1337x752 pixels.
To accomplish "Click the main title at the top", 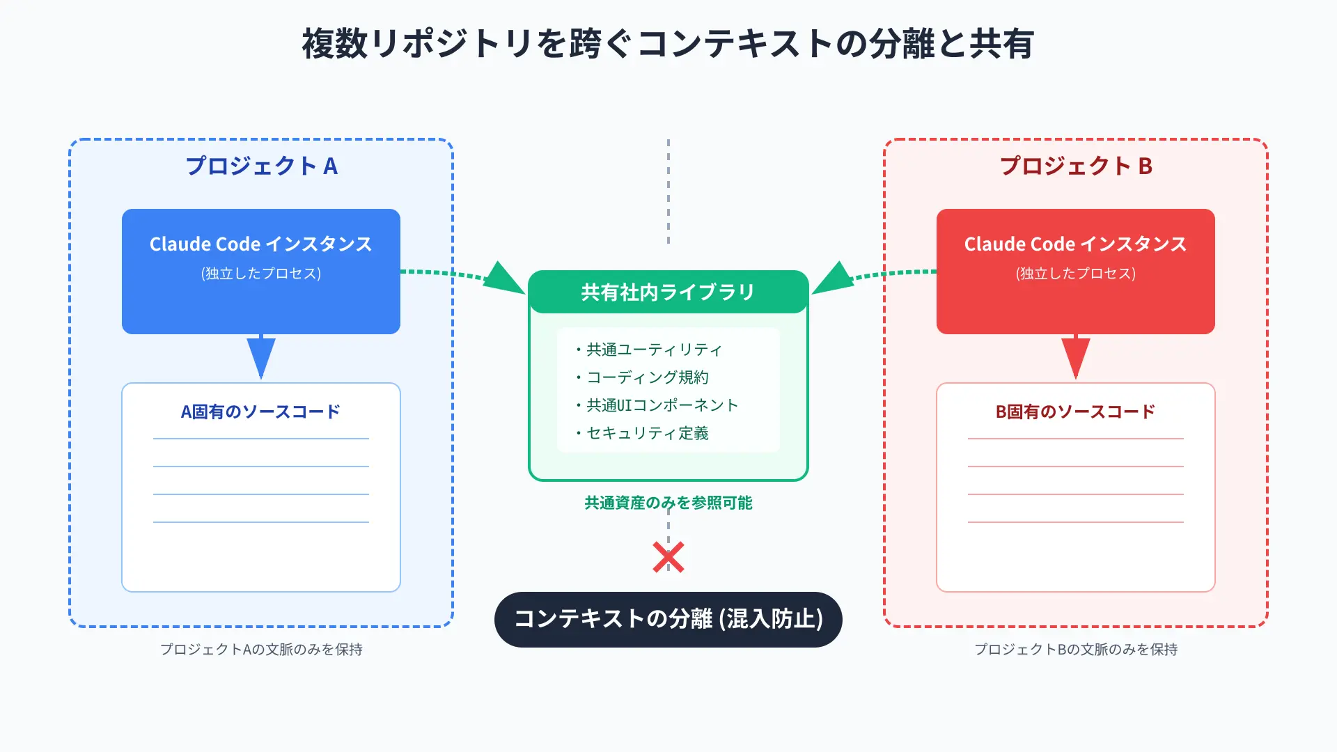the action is click(x=668, y=44).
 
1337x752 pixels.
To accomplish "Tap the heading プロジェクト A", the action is click(x=261, y=166).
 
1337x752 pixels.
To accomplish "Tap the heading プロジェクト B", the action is click(x=1076, y=166).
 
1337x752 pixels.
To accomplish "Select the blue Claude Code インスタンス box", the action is click(x=261, y=272).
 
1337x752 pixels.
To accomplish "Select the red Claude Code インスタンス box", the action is click(x=1076, y=272).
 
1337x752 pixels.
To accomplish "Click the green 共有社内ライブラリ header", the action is click(x=668, y=292).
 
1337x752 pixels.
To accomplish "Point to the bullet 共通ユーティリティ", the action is click(x=648, y=350).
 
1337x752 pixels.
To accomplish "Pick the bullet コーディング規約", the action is click(x=641, y=377).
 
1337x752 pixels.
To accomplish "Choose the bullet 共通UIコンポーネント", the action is click(x=656, y=405).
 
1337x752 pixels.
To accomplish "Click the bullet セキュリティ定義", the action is click(x=641, y=433).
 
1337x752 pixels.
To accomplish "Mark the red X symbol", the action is click(x=668, y=557).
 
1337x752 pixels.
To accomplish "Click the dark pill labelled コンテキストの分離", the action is click(x=668, y=620).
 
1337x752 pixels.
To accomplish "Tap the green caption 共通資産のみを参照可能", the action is click(x=668, y=503).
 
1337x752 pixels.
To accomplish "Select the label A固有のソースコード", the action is click(x=261, y=412).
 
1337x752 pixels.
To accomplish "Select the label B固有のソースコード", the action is click(x=1076, y=412).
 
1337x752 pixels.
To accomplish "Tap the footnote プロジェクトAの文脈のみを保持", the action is click(x=261, y=650).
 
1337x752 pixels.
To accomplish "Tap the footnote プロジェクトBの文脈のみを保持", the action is click(x=1076, y=650).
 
